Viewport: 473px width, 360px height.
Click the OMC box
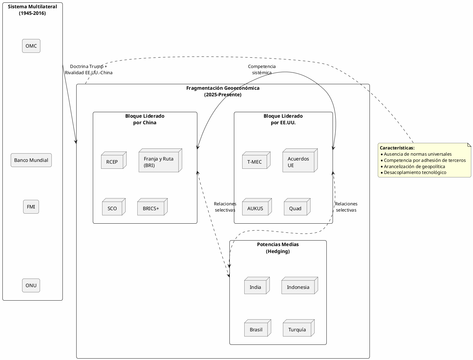(x=31, y=46)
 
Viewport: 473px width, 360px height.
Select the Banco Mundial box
(x=31, y=160)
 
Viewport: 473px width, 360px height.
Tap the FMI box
(x=31, y=207)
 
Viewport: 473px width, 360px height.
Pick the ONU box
(x=31, y=285)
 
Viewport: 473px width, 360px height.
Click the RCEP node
(x=112, y=162)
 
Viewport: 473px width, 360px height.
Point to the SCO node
(x=112, y=208)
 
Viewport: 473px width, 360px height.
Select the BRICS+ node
(x=151, y=208)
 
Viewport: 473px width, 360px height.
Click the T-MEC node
(x=255, y=162)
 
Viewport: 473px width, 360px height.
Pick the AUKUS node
(x=256, y=208)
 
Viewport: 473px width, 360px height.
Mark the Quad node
(x=296, y=208)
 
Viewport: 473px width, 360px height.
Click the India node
(x=256, y=287)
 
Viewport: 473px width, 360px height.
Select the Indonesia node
(x=298, y=287)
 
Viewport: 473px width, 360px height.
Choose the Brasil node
(x=256, y=329)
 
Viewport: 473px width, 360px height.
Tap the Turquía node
(x=297, y=329)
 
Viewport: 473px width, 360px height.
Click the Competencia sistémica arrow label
(x=262, y=69)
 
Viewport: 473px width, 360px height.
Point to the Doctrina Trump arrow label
(x=89, y=69)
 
